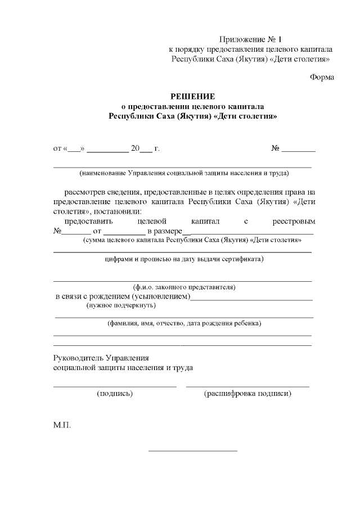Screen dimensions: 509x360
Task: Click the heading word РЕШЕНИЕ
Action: [193, 96]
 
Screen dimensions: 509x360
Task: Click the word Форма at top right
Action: [322, 78]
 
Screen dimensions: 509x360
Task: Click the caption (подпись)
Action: [115, 394]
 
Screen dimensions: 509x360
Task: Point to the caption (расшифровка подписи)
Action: [247, 394]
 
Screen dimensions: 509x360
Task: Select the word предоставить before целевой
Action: [88, 222]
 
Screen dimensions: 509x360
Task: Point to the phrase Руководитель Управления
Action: [101, 358]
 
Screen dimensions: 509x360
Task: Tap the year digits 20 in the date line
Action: [135, 148]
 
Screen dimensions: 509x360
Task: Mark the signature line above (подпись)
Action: [115, 386]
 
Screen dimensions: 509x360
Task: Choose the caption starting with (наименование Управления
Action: [184, 173]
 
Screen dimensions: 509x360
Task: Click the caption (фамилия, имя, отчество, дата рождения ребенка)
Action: [184, 323]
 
